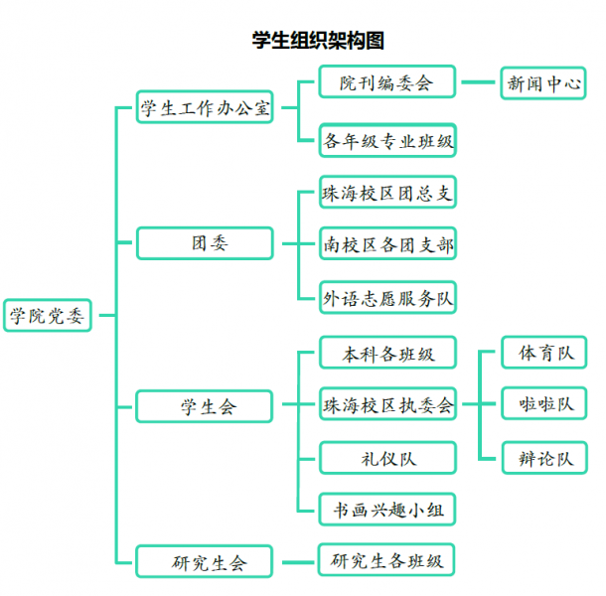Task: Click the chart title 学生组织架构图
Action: (317, 41)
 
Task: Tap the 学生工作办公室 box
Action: (205, 108)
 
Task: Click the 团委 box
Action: (205, 242)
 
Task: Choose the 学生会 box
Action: (205, 406)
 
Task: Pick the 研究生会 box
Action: (205, 562)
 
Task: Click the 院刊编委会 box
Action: (387, 82)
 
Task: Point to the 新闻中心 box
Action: (543, 82)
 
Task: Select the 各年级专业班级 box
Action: (387, 140)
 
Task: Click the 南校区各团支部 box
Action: (387, 244)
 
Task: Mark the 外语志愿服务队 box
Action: (387, 297)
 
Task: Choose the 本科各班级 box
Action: (387, 353)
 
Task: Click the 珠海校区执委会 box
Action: (387, 404)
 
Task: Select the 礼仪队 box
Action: (387, 458)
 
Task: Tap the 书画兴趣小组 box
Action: (387, 511)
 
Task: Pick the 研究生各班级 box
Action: (387, 559)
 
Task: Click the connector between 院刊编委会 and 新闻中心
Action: (478, 82)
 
